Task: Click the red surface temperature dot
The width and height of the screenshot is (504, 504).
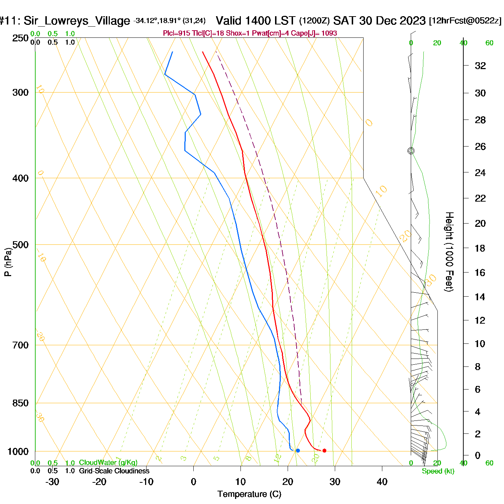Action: tap(324, 450)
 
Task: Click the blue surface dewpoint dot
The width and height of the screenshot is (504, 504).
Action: tap(298, 450)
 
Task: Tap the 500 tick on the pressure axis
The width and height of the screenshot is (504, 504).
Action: tap(21, 245)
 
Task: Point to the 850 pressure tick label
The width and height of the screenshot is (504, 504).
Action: tap(21, 403)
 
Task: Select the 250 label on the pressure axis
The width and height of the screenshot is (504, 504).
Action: tap(21, 38)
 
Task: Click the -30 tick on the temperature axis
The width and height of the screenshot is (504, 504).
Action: tap(52, 482)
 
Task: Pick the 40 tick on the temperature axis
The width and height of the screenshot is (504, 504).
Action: tap(382, 482)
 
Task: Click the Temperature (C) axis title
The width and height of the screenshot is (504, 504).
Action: tap(249, 494)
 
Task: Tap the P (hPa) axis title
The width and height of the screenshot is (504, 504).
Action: tap(8, 262)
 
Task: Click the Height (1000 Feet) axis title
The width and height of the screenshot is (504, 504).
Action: tap(449, 252)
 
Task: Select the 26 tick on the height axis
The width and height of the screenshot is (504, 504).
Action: tap(480, 147)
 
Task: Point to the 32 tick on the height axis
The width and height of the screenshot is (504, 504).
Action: tap(480, 66)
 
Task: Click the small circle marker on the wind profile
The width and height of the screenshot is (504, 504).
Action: tap(411, 151)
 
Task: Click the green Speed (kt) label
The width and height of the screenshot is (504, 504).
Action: tap(438, 471)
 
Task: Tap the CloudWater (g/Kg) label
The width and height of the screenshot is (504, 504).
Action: tap(108, 463)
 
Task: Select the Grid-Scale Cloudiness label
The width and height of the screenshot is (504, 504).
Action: tap(114, 471)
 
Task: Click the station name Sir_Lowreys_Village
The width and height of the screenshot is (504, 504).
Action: tap(77, 21)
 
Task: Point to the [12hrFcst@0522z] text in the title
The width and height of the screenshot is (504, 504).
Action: tap(465, 21)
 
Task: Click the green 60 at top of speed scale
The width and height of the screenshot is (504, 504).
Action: tap(489, 43)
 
